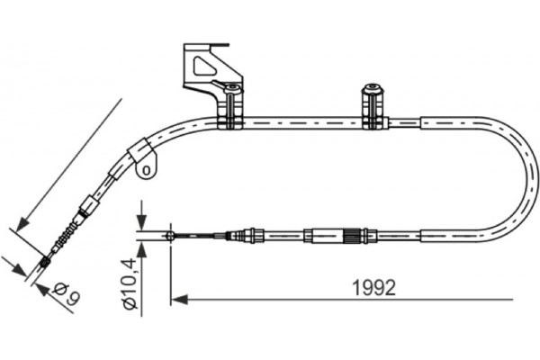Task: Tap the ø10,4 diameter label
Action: pyautogui.click(x=131, y=281)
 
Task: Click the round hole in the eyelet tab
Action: pyautogui.click(x=143, y=168)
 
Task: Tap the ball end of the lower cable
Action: pyautogui.click(x=170, y=236)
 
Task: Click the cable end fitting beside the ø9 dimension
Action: pyautogui.click(x=45, y=262)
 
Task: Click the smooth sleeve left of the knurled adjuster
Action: pyautogui.click(x=321, y=237)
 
